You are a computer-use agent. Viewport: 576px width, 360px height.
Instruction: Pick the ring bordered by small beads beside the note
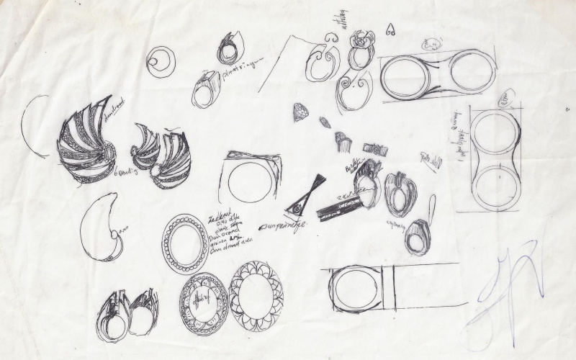[184, 243]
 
